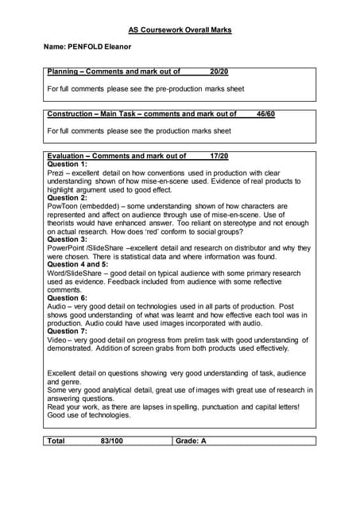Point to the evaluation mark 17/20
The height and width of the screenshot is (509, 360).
tap(219, 156)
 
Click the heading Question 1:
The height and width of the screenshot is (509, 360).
tap(73, 164)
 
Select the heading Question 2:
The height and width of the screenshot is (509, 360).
tap(73, 197)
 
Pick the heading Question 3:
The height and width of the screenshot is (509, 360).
tap(73, 239)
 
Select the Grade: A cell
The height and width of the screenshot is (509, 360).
tap(191, 440)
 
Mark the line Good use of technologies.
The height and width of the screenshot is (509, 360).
tap(89, 414)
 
